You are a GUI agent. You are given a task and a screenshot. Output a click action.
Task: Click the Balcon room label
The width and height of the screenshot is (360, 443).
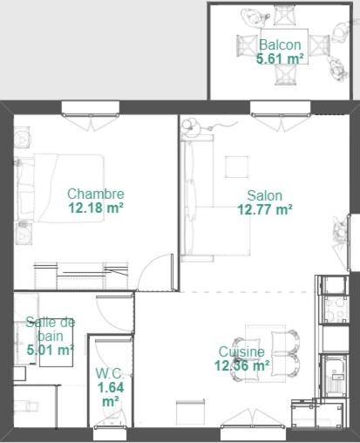pos(280,44)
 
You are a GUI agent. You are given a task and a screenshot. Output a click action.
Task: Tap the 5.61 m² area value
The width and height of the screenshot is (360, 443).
pos(280,58)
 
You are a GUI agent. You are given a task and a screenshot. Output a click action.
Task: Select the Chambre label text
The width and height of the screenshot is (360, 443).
pos(96,194)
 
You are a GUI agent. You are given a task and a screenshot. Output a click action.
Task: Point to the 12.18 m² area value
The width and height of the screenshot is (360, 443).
pos(96,208)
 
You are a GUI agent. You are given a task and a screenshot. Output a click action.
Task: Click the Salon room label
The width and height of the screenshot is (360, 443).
pos(265,195)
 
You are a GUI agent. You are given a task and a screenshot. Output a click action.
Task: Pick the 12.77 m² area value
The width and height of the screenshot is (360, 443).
pos(265,209)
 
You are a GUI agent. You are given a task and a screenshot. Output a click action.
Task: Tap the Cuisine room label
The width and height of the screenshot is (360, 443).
pos(241,352)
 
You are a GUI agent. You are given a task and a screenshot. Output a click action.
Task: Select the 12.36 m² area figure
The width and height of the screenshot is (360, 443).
pos(241,365)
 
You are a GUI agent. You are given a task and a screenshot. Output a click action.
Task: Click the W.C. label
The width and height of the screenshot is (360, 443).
pos(110,373)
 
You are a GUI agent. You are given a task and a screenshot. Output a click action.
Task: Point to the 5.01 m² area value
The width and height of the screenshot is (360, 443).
pos(50,350)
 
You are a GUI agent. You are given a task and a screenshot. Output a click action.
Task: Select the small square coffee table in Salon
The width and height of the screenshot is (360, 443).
pos(237,167)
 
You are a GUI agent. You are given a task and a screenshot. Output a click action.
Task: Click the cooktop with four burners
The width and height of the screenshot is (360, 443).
pos(336,310)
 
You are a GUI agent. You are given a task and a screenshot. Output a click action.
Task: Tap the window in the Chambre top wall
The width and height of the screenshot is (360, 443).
pos(91,108)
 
